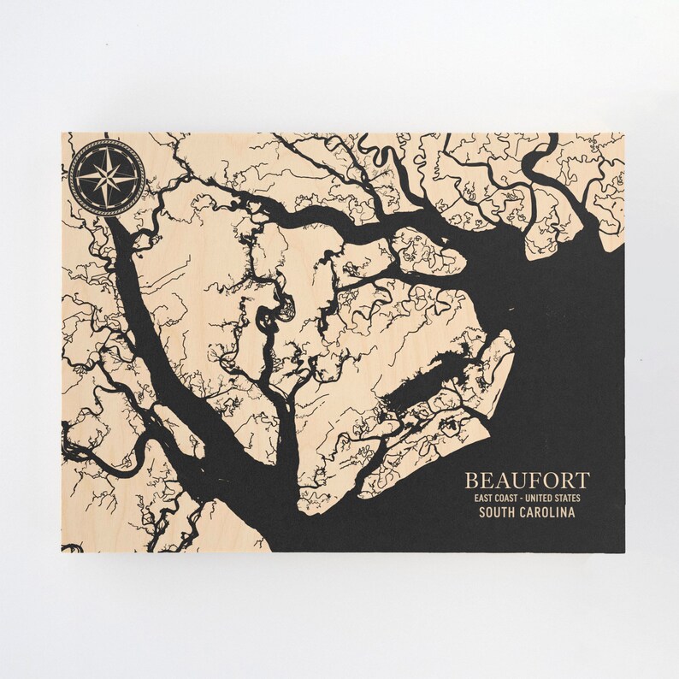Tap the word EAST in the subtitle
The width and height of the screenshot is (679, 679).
point(476,498)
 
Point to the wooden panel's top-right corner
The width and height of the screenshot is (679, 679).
point(625,133)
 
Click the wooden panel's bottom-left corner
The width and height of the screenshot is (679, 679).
point(62,552)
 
